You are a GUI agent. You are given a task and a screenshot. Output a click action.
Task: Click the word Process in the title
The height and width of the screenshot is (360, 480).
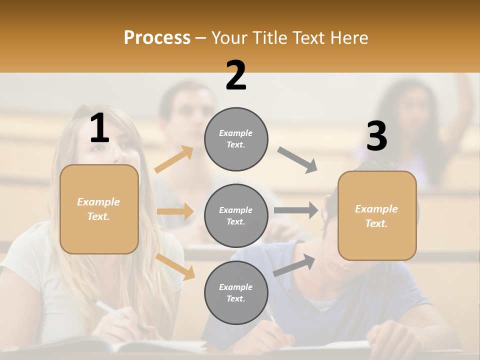pyautogui.click(x=157, y=38)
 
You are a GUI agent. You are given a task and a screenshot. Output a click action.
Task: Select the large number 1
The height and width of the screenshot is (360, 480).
pyautogui.click(x=99, y=128)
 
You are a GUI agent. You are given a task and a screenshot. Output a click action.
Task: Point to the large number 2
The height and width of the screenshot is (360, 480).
pyautogui.click(x=236, y=75)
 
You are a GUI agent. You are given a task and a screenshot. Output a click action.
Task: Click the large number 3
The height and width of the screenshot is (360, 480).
pyautogui.click(x=376, y=136)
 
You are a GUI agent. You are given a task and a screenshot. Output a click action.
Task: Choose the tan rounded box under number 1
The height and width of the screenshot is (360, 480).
pyautogui.click(x=99, y=209)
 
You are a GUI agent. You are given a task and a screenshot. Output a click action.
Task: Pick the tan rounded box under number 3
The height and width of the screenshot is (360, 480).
pyautogui.click(x=377, y=216)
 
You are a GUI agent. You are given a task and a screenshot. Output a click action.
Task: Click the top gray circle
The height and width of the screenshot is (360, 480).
pyautogui.click(x=236, y=139)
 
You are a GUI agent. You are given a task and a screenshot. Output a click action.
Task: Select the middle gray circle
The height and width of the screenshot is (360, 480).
pyautogui.click(x=236, y=216)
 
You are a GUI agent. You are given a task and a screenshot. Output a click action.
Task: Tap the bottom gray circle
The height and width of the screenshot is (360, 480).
pyautogui.click(x=236, y=293)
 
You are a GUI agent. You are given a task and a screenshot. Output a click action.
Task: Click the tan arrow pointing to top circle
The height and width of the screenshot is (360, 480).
pyautogui.click(x=174, y=159)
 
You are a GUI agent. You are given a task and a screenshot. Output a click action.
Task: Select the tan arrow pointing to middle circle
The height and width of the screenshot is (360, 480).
pyautogui.click(x=175, y=211)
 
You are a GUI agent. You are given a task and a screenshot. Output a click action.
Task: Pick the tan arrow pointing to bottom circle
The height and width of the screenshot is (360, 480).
pyautogui.click(x=175, y=266)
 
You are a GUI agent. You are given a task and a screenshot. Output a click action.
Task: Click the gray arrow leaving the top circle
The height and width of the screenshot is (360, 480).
pyautogui.click(x=297, y=160)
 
